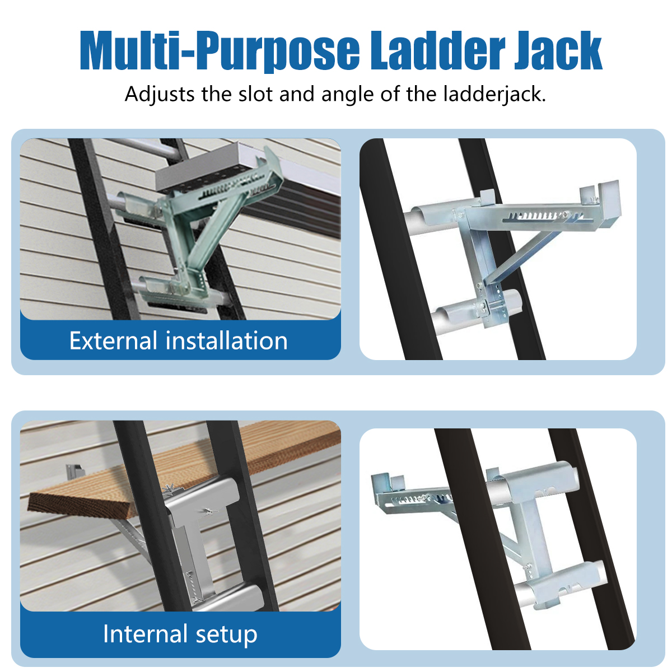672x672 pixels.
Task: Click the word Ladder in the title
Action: pyautogui.click(x=437, y=50)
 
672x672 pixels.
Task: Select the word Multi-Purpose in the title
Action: pyautogui.click(x=220, y=52)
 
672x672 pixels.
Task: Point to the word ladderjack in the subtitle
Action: pyautogui.click(x=494, y=95)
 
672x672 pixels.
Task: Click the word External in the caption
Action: pyautogui.click(x=113, y=340)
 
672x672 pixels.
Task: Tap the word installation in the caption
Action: pyautogui.click(x=227, y=340)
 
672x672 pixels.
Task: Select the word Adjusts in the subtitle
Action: pyautogui.click(x=160, y=95)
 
